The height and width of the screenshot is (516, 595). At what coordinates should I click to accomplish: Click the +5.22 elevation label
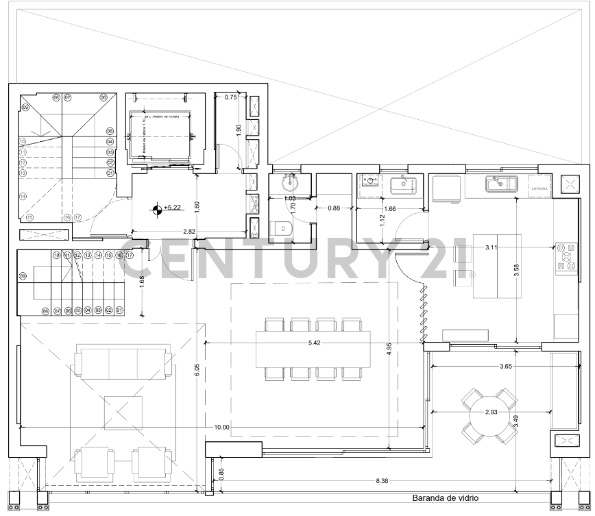point(172,207)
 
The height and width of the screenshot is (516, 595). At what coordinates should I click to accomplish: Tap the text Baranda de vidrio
point(445,499)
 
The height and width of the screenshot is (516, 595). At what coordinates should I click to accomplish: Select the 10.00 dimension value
point(221,427)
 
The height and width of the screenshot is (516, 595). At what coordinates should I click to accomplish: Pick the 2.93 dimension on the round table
point(491,413)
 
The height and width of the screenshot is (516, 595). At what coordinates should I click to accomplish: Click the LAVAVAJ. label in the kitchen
point(540,187)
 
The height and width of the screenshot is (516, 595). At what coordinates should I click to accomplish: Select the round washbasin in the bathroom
point(289,183)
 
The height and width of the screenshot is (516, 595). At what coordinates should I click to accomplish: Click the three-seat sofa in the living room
point(122,363)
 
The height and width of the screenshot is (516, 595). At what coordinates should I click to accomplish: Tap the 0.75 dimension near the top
point(231,97)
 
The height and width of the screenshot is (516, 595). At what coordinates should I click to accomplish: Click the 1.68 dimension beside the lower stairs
point(142,282)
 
